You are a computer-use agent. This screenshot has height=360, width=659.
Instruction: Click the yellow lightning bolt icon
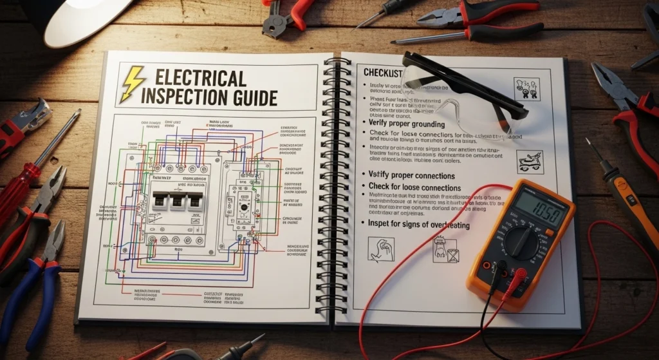[133, 84]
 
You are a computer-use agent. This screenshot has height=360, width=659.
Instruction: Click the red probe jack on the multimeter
[519, 273]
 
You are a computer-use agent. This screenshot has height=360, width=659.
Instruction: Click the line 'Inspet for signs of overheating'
[419, 225]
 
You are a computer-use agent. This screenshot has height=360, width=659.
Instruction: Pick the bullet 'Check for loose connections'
[414, 187]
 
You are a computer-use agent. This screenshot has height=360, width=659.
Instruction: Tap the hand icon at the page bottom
[380, 249]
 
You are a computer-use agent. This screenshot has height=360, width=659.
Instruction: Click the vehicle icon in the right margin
[530, 162]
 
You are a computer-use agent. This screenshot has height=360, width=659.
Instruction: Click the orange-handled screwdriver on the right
[627, 199]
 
